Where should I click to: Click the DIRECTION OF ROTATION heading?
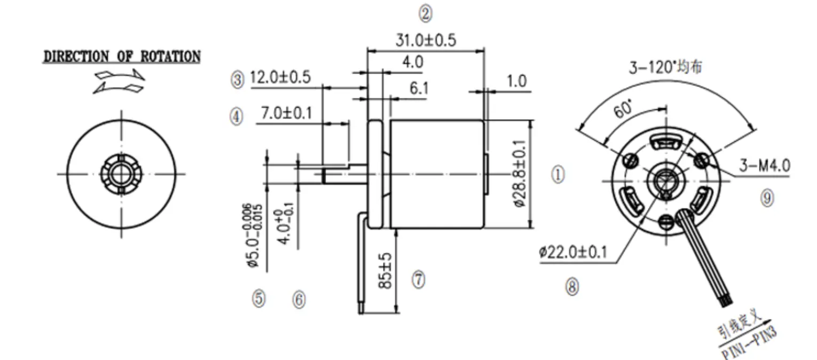(x=122, y=57)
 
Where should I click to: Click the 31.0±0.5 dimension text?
(x=426, y=41)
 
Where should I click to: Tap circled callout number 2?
(x=425, y=14)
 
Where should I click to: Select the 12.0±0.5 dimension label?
(x=280, y=77)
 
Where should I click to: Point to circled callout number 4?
(x=237, y=116)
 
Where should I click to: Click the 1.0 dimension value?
(x=516, y=81)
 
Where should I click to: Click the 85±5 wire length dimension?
(x=386, y=271)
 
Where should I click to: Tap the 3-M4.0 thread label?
(x=764, y=166)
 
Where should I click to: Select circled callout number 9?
(x=767, y=198)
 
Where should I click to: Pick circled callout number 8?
(x=572, y=287)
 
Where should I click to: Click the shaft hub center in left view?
(x=122, y=174)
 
